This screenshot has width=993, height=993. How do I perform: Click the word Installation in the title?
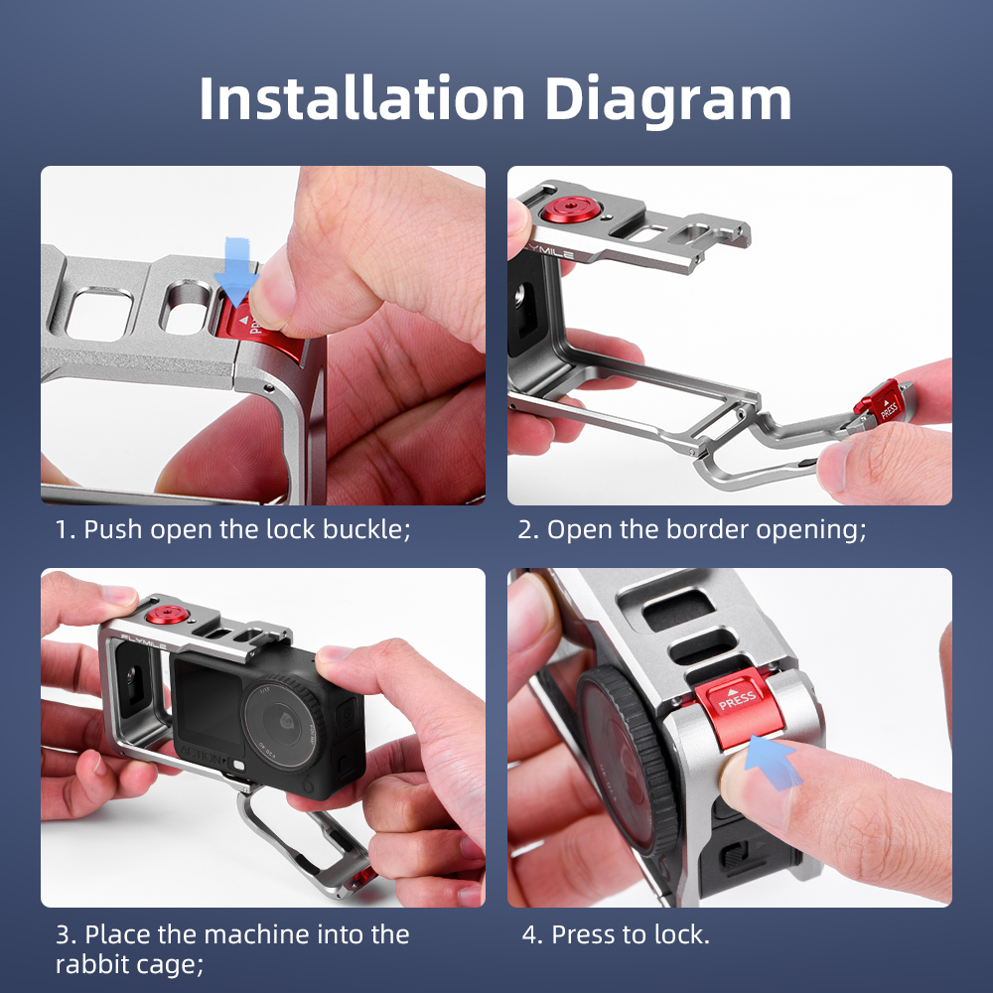tap(362, 98)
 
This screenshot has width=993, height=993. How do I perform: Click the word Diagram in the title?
tap(668, 101)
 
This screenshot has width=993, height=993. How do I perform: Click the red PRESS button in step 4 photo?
tap(739, 705)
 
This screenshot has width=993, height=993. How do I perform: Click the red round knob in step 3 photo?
tap(167, 615)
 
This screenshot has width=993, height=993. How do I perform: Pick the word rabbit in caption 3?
tap(90, 964)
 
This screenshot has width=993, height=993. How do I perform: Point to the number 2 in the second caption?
tap(524, 529)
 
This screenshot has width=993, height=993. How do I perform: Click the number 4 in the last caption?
tap(530, 934)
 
